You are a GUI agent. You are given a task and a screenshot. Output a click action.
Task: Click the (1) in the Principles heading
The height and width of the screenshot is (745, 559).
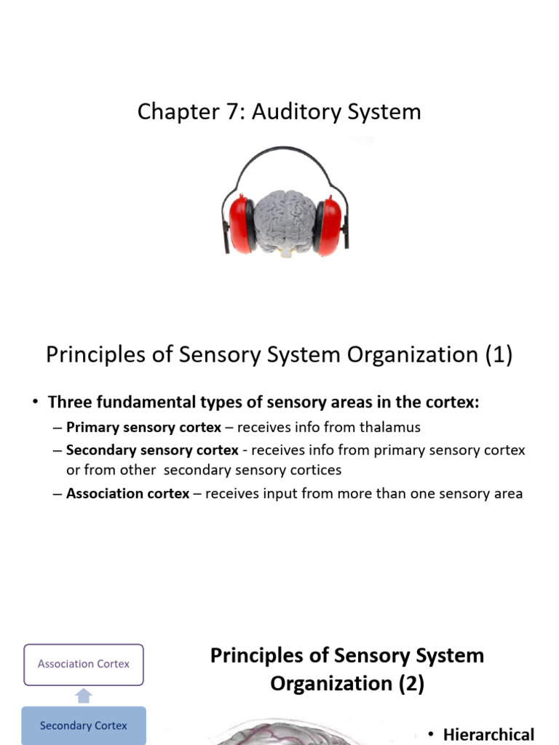coord(498,355)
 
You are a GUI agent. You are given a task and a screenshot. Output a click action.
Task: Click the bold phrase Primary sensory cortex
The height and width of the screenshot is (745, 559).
coord(143,428)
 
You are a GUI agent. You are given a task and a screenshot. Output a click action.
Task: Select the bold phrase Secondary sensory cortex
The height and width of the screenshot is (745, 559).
coord(152,450)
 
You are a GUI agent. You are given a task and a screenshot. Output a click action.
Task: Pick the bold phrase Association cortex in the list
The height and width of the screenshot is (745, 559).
coord(127,494)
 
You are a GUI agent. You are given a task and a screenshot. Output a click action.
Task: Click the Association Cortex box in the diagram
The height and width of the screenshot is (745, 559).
coord(84,664)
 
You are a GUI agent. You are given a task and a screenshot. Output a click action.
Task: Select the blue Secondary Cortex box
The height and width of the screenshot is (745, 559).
coord(84,725)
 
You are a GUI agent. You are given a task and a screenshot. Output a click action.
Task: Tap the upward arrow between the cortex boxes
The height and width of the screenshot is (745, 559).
coord(84,696)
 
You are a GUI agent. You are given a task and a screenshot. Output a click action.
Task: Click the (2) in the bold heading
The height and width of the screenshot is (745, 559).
coord(409,684)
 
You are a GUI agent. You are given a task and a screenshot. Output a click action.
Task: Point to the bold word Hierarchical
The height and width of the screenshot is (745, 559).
coord(488,734)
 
